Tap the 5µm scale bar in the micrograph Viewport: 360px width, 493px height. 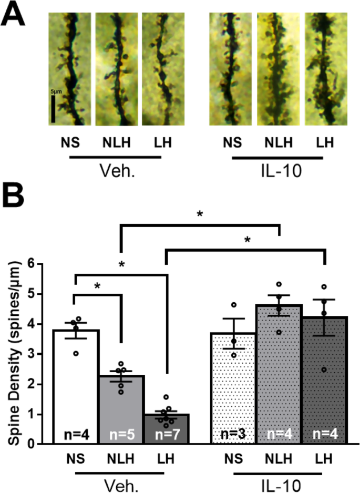(53, 108)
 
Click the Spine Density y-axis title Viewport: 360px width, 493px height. (16, 353)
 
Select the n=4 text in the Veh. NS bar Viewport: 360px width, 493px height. (76, 434)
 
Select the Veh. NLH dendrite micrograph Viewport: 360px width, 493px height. (116, 69)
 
